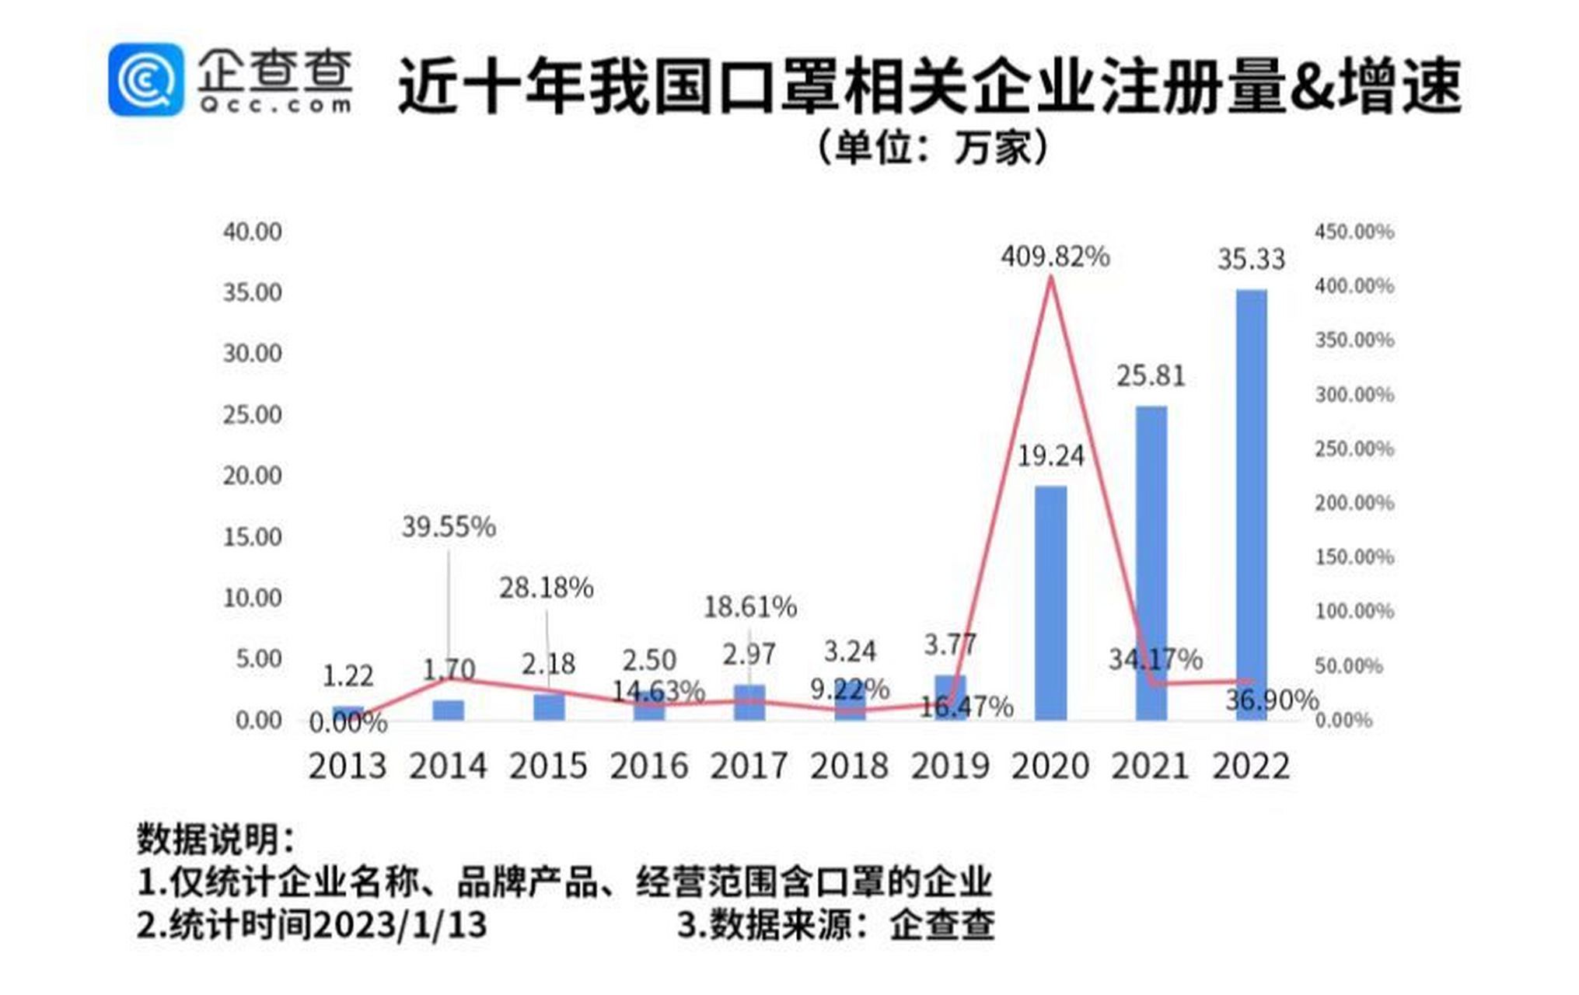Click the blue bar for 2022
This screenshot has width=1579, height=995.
1251,505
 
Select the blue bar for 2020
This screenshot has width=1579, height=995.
1050,603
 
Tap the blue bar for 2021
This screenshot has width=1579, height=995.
1151,563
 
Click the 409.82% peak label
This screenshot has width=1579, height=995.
1055,257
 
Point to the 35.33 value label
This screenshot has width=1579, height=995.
1251,260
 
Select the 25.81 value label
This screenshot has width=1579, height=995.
1151,376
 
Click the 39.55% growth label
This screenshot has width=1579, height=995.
449,527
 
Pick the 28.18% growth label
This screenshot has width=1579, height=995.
546,588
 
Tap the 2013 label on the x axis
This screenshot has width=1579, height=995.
348,766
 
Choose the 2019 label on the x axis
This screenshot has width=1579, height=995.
950,766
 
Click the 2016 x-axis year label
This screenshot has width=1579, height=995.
649,766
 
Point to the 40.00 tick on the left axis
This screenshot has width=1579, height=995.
253,232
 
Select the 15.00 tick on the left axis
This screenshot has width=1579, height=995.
253,537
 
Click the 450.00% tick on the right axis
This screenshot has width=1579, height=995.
1354,232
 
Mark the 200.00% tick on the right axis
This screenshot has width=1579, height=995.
1354,503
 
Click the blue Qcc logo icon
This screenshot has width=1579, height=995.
146,80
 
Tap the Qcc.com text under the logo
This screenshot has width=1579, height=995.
274,105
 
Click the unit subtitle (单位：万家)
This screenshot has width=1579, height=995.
933,148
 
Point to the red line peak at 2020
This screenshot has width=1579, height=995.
1051,278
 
